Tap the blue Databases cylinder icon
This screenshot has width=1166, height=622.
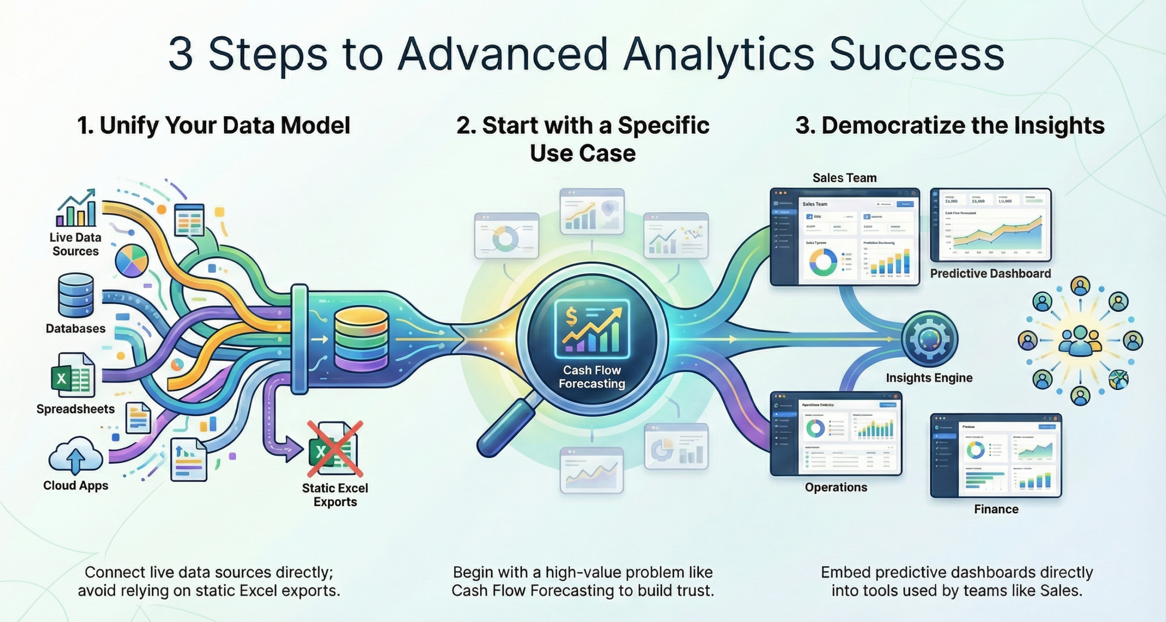(76, 295)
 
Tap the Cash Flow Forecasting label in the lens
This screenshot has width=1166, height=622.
(592, 377)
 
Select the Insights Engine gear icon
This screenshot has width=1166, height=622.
(929, 339)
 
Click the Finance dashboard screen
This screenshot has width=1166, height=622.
(996, 455)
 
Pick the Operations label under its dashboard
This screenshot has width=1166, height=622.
(836, 487)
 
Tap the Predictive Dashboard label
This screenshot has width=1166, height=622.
(990, 273)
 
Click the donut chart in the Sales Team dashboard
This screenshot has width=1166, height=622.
(823, 261)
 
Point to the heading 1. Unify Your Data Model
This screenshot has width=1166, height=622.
(214, 125)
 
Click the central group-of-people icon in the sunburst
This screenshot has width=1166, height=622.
(1079, 340)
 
